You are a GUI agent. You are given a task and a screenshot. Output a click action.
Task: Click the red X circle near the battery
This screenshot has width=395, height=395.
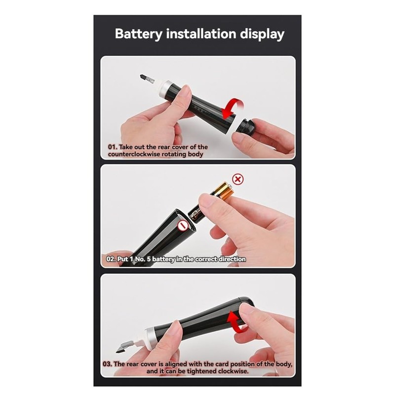point(238,179)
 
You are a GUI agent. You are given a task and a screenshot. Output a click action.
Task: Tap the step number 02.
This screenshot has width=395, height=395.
point(111,259)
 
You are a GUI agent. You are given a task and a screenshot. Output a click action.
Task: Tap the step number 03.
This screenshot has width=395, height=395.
point(108,364)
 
